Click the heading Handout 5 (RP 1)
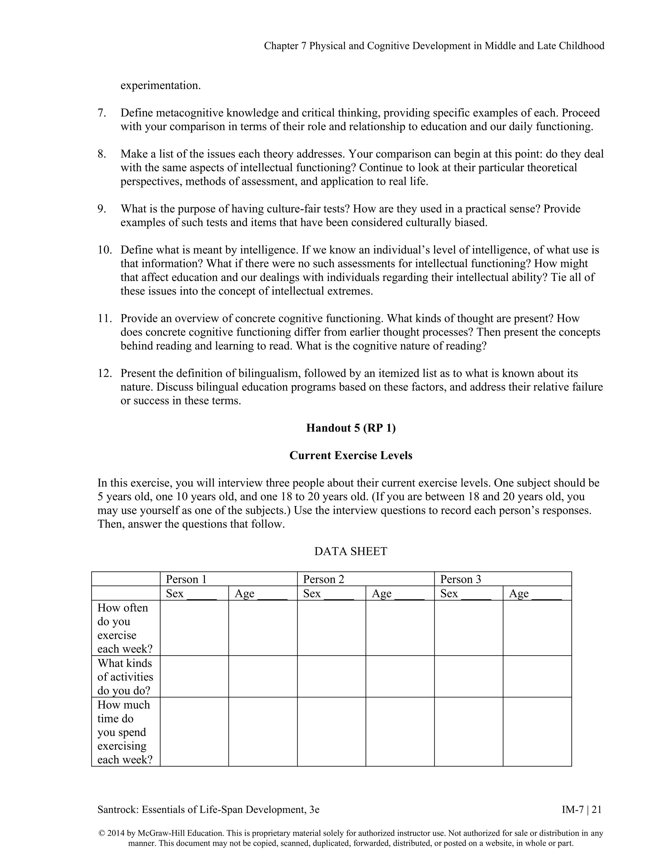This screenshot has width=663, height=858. coord(350,428)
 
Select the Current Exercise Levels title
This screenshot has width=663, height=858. coord(350,455)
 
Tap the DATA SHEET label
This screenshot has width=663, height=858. coord(350,551)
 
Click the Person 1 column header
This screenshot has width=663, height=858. coord(186,579)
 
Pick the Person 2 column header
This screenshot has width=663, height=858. coord(323,579)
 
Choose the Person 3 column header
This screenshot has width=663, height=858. coord(460,579)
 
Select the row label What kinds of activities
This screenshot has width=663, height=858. coord(125,676)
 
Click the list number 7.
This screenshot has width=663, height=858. coord(102,113)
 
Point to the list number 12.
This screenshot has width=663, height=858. coord(105,373)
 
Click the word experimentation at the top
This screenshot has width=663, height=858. coord(160,85)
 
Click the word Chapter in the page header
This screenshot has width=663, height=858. coord(281,46)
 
